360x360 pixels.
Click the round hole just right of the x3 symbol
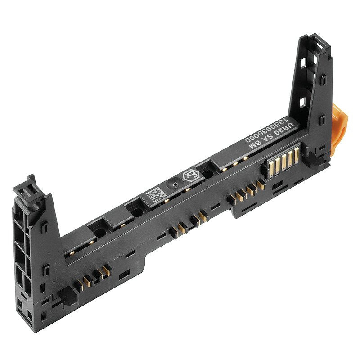[208, 173]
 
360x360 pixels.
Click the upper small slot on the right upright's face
[323, 81]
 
